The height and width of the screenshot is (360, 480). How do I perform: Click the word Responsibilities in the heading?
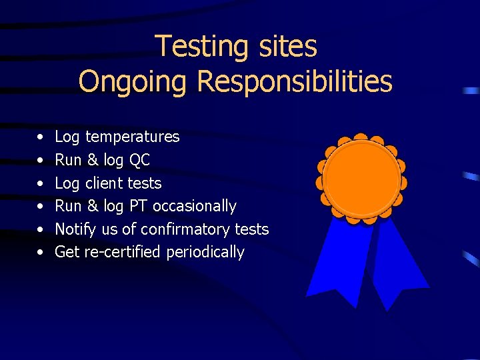(x=295, y=82)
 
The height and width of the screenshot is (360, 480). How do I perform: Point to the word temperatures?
(x=132, y=137)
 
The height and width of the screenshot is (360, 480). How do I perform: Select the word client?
(x=103, y=183)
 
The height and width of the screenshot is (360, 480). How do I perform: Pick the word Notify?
(x=75, y=229)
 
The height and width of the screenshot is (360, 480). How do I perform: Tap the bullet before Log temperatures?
(x=41, y=137)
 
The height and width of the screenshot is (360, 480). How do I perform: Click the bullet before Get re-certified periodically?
(x=41, y=253)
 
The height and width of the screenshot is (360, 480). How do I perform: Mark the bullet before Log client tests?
(x=41, y=183)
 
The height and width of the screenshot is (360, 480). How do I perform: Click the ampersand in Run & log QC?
(x=93, y=160)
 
